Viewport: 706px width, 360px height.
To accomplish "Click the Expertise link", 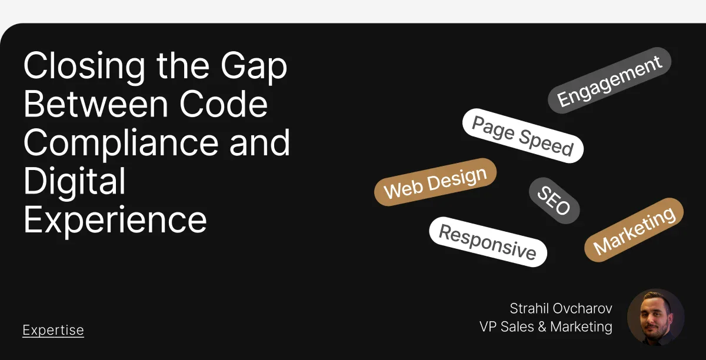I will click(x=53, y=331).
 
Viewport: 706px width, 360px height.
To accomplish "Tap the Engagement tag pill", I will click(x=609, y=80).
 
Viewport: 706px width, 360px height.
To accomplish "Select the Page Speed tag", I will click(x=522, y=136).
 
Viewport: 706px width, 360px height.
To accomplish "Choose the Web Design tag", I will click(x=435, y=182).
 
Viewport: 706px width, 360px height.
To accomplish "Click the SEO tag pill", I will click(x=554, y=201).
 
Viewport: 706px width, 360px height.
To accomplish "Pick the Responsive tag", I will click(x=488, y=242).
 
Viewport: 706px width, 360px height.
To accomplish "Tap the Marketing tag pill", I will click(x=634, y=229).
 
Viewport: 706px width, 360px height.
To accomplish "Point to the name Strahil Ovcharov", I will click(x=561, y=308).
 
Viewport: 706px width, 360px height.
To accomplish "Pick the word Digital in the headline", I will click(x=74, y=181).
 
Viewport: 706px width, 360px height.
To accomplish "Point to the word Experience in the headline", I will click(x=115, y=219).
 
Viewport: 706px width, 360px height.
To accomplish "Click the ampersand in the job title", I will click(x=542, y=326).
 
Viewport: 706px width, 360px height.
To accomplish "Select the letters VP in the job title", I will click(x=488, y=326).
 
